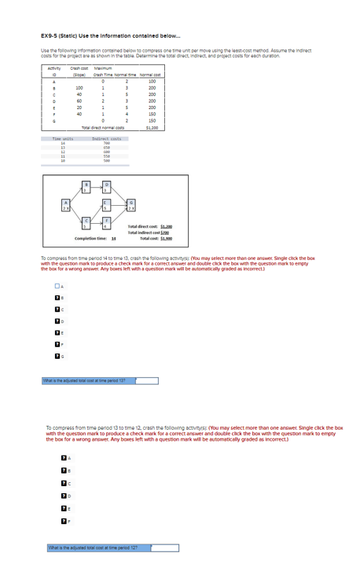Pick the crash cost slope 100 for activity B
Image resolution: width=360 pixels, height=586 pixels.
click(x=79, y=88)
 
